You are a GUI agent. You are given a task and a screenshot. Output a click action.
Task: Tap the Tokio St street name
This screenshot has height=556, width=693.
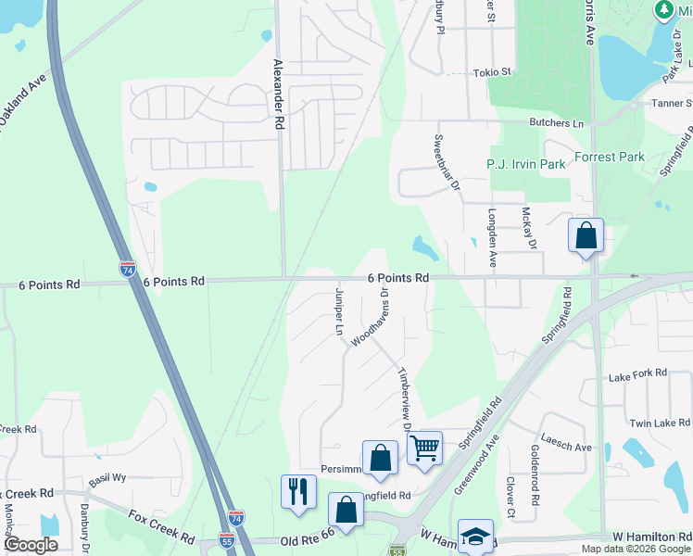pyautogui.click(x=492, y=72)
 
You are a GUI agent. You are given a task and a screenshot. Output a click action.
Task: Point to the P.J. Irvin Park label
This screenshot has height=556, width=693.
pyautogui.click(x=526, y=164)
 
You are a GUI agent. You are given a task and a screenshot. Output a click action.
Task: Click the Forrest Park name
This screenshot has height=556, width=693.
pyautogui.click(x=609, y=157)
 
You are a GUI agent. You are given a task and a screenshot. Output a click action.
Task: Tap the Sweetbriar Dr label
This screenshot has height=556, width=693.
pyautogui.click(x=447, y=162)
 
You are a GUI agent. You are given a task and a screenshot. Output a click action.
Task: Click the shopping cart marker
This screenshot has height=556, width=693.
pyautogui.click(x=424, y=449)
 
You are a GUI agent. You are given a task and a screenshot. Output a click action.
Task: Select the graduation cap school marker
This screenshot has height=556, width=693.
pyautogui.click(x=475, y=537)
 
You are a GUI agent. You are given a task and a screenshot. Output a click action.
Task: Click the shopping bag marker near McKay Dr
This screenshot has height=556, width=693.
pyautogui.click(x=586, y=236)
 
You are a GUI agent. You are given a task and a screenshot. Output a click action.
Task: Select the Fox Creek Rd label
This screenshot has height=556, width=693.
pyautogui.click(x=161, y=526)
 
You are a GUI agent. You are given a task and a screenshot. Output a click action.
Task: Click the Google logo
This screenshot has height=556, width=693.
pyautogui.click(x=31, y=545)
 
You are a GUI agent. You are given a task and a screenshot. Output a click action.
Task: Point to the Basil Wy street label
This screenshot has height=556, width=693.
pyautogui.click(x=107, y=479)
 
